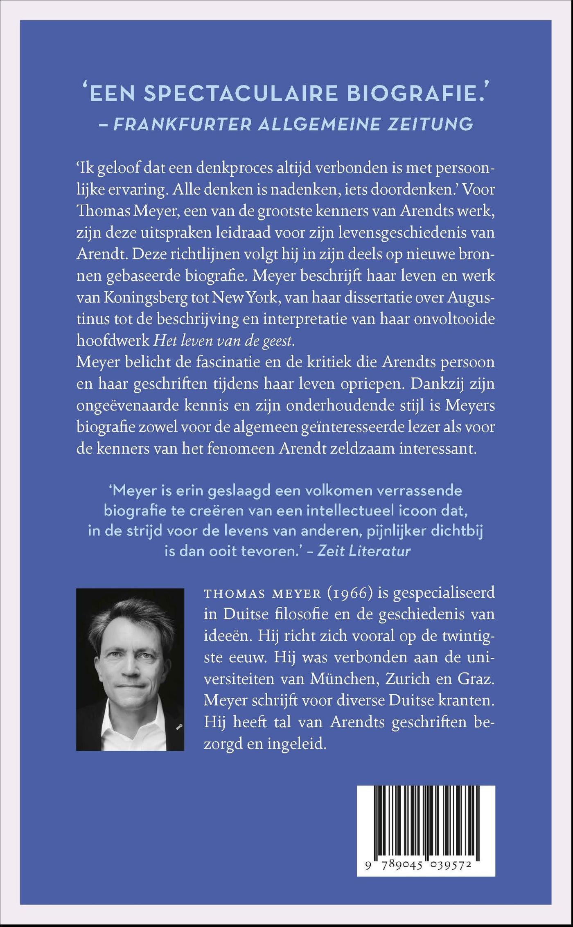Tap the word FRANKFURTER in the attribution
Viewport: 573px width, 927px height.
click(182, 124)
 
